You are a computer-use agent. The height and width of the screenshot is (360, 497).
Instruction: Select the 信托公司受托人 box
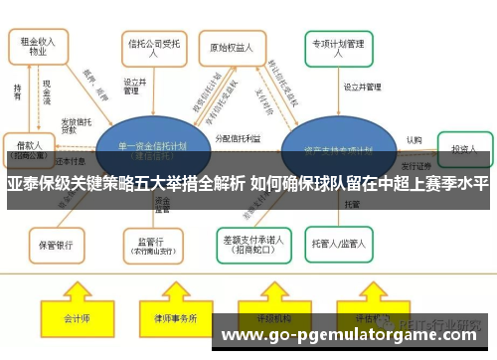[152, 46]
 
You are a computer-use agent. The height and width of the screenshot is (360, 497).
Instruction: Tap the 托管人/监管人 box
[342, 242]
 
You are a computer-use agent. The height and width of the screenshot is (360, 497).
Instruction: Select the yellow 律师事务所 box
[176, 319]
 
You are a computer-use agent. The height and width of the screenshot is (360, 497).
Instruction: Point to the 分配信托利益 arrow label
[239, 139]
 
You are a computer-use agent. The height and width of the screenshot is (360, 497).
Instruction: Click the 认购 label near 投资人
[414, 140]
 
